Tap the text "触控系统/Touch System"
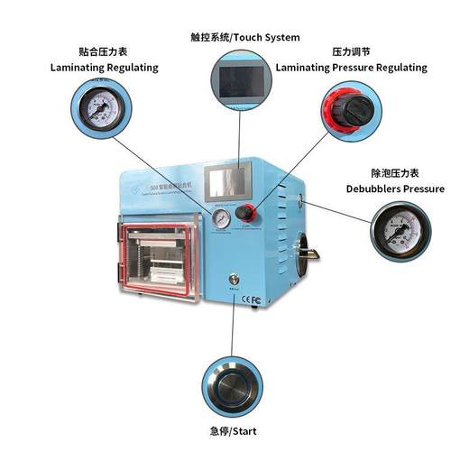tap(245, 37)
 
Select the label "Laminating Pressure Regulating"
tap(351, 67)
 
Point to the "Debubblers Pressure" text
tap(395, 189)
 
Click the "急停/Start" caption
tap(233, 431)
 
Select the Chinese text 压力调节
tap(351, 52)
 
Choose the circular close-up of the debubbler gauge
tap(400, 233)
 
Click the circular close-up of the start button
tap(232, 382)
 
